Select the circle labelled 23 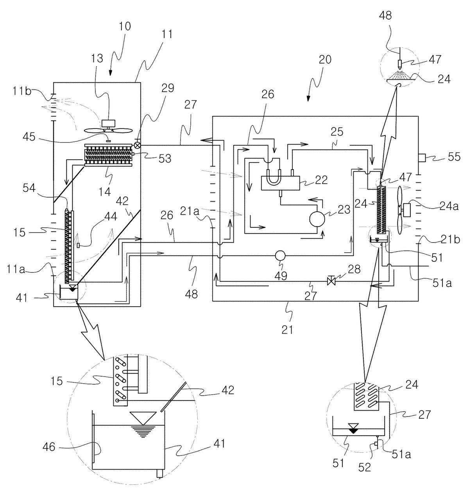point(317,219)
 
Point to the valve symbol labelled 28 point(331,280)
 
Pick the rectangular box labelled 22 point(281,183)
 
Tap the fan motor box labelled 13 point(108,123)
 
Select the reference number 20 point(325,60)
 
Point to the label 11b point(22,91)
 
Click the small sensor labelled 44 point(79,245)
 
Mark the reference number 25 point(337,132)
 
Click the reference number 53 point(165,158)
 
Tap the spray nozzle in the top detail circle point(400,64)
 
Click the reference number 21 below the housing point(287,330)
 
